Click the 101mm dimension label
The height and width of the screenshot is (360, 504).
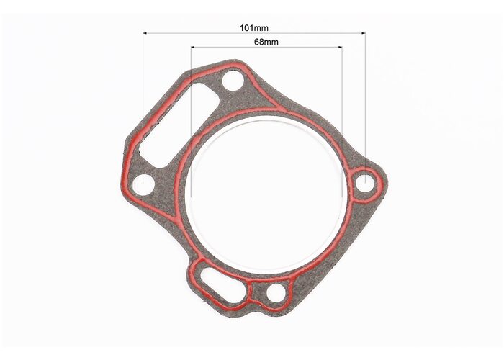[254, 28]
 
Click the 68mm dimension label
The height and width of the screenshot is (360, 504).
[266, 42]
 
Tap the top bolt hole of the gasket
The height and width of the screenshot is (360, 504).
[233, 81]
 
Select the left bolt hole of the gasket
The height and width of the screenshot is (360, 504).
[143, 184]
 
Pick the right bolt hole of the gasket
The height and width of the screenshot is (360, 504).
[366, 184]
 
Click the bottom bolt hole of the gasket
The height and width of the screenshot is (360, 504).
[276, 293]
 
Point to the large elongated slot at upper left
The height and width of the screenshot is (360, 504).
[179, 125]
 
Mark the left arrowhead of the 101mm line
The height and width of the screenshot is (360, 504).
[145, 33]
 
